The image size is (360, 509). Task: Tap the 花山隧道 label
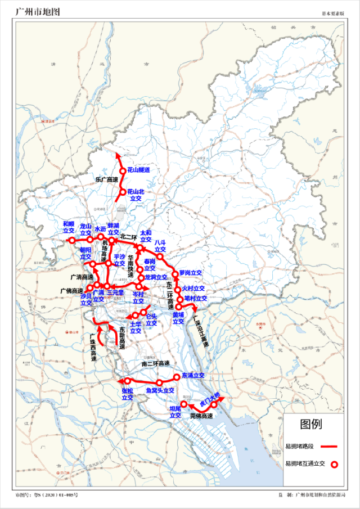coord(138,170)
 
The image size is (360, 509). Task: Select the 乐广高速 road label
coord(106,180)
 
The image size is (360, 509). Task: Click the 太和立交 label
coord(146,235)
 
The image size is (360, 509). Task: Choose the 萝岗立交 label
coord(191,273)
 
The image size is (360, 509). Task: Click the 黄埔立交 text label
coord(178,318)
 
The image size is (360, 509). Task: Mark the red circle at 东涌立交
coord(177,376)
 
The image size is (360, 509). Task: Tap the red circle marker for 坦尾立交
coord(183,404)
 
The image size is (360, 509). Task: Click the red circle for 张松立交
coord(128,381)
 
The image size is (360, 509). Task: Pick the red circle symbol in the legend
coord(334,465)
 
